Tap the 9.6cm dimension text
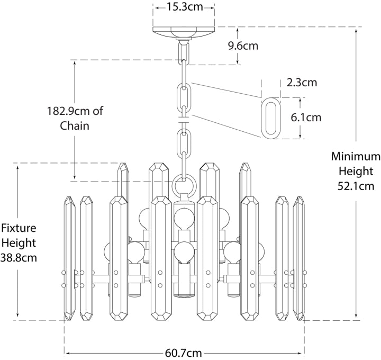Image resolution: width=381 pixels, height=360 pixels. [243, 46]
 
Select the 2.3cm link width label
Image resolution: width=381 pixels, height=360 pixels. [302, 82]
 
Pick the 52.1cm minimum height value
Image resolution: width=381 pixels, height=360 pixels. [356, 186]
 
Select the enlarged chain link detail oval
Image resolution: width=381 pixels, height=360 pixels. [271, 118]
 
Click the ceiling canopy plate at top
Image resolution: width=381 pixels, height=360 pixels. [184, 32]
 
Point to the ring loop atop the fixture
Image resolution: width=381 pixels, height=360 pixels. [184, 186]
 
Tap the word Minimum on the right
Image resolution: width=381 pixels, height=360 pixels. [356, 157]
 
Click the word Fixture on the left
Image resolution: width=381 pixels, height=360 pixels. [18, 229]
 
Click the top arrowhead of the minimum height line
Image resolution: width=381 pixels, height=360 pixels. [356, 30]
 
